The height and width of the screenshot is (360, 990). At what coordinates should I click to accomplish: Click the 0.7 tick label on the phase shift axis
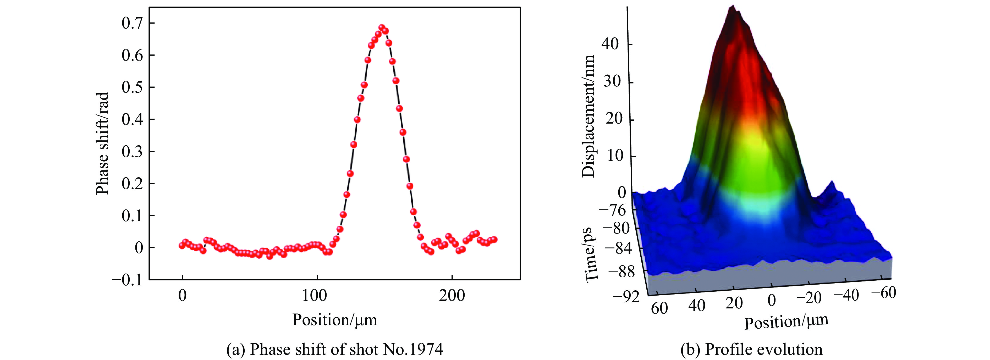133,24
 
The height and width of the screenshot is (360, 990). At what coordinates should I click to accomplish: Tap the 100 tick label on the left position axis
314,296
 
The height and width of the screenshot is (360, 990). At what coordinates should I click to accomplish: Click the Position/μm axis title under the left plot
335,320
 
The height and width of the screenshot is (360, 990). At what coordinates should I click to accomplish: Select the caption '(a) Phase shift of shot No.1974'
335,350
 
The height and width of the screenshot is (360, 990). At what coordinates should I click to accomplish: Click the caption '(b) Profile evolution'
751,350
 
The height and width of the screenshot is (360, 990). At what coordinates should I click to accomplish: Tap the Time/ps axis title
592,255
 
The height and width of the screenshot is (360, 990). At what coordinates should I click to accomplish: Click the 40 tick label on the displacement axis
610,44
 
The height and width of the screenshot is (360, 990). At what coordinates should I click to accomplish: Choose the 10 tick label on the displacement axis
615,156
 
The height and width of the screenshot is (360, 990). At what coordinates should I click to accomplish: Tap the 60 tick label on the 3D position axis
659,308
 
